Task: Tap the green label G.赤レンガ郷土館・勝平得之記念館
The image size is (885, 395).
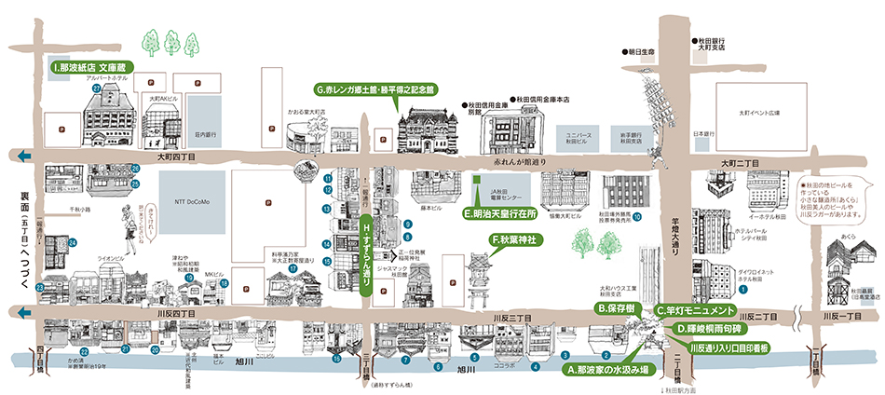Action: tap(374, 89)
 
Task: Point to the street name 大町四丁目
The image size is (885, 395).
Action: tap(175, 157)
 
